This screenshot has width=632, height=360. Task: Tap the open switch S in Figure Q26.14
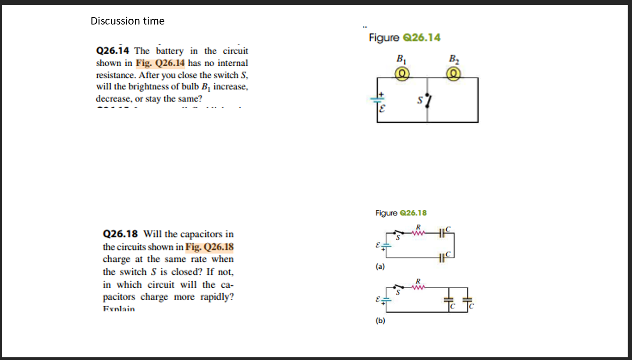[429, 101]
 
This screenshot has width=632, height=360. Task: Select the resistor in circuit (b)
[419, 287]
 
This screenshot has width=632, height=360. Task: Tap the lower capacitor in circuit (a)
[441, 258]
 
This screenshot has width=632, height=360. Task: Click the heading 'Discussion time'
[128, 21]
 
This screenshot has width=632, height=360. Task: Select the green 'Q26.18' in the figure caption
[414, 213]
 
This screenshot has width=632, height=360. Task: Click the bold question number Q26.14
[114, 51]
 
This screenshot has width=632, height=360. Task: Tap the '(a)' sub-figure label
[380, 266]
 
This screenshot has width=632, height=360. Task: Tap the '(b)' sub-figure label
[380, 321]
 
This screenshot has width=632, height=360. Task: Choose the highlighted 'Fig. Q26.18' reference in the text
[209, 247]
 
